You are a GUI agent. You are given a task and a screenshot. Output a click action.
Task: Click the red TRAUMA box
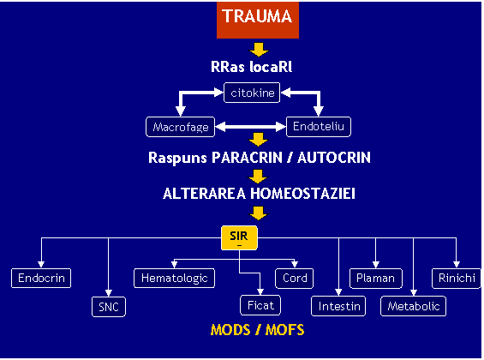click(258, 20)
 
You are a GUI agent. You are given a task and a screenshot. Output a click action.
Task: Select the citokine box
click(252, 93)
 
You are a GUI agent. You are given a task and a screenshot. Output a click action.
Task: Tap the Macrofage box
click(180, 127)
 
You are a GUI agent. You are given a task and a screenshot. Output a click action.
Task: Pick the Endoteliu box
click(319, 127)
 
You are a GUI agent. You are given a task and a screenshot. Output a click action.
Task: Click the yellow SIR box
click(239, 237)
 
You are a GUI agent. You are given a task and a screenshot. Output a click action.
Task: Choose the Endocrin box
click(41, 279)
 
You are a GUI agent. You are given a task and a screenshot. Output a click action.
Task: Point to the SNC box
click(109, 307)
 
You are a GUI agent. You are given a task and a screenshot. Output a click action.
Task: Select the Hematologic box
click(175, 279)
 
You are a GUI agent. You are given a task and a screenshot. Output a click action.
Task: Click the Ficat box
click(260, 305)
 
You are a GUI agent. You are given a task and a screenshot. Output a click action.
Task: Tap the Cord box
click(295, 279)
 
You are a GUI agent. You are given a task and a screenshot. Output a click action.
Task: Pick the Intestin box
click(338, 306)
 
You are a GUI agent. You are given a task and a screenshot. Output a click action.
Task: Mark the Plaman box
click(376, 279)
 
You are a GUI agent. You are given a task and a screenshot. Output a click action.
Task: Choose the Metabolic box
click(413, 306)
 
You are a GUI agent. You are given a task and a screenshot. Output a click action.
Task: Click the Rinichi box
click(457, 279)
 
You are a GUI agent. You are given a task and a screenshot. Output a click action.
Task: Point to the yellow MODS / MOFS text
click(258, 330)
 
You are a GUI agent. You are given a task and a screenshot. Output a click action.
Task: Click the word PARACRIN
click(247, 158)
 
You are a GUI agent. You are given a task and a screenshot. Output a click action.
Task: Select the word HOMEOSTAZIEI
click(302, 194)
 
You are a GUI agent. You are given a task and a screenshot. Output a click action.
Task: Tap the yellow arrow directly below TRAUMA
click(259, 50)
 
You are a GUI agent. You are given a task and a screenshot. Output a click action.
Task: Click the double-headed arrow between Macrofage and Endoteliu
click(251, 127)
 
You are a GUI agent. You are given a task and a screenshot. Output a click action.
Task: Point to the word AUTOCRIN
click(334, 158)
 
